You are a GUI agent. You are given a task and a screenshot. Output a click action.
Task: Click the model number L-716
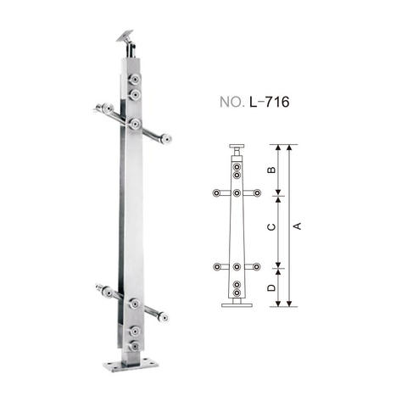tap(270, 102)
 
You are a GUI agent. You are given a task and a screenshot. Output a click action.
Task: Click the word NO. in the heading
tap(231, 102)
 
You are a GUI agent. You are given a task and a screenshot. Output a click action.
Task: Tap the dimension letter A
tap(298, 226)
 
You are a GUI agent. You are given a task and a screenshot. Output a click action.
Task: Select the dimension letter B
tap(271, 170)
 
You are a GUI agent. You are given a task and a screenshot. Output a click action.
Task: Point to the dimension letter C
tap(271, 226)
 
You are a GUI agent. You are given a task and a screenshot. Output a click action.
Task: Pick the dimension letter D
tap(271, 287)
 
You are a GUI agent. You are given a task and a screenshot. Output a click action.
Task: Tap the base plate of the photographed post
tap(131, 364)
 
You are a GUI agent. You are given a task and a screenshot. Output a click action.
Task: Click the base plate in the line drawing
tap(237, 305)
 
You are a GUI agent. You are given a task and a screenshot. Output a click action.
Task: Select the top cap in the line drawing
tap(237, 147)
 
